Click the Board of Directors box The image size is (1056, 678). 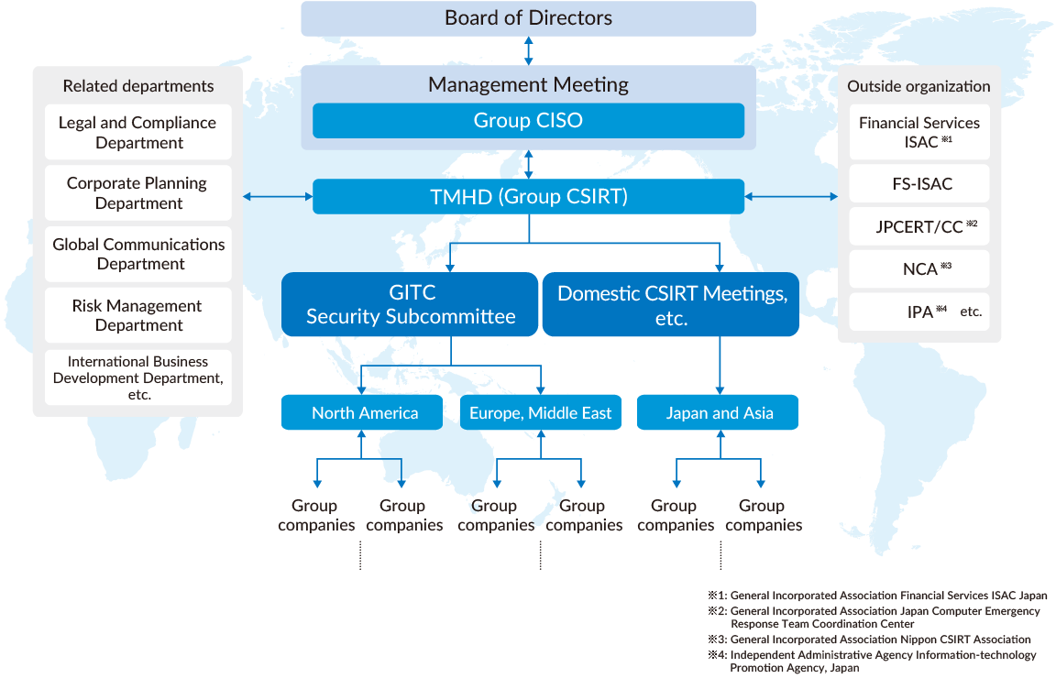point(528,18)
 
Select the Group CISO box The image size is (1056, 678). point(528,120)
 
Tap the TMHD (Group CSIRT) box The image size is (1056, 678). point(528,196)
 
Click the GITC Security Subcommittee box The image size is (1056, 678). point(410,304)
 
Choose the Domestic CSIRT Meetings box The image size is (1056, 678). point(672,304)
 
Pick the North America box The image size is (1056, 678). point(364,412)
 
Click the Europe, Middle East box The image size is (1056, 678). point(540,412)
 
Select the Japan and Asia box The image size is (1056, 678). point(719,412)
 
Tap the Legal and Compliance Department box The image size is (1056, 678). point(138,132)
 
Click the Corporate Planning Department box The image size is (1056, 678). point(138,192)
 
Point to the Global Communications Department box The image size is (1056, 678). point(138,254)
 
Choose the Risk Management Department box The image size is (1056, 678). point(138,315)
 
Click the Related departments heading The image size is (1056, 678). point(138,86)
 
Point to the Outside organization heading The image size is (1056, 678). point(918,86)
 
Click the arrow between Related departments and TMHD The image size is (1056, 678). point(278,196)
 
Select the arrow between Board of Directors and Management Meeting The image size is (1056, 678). point(528,50)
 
